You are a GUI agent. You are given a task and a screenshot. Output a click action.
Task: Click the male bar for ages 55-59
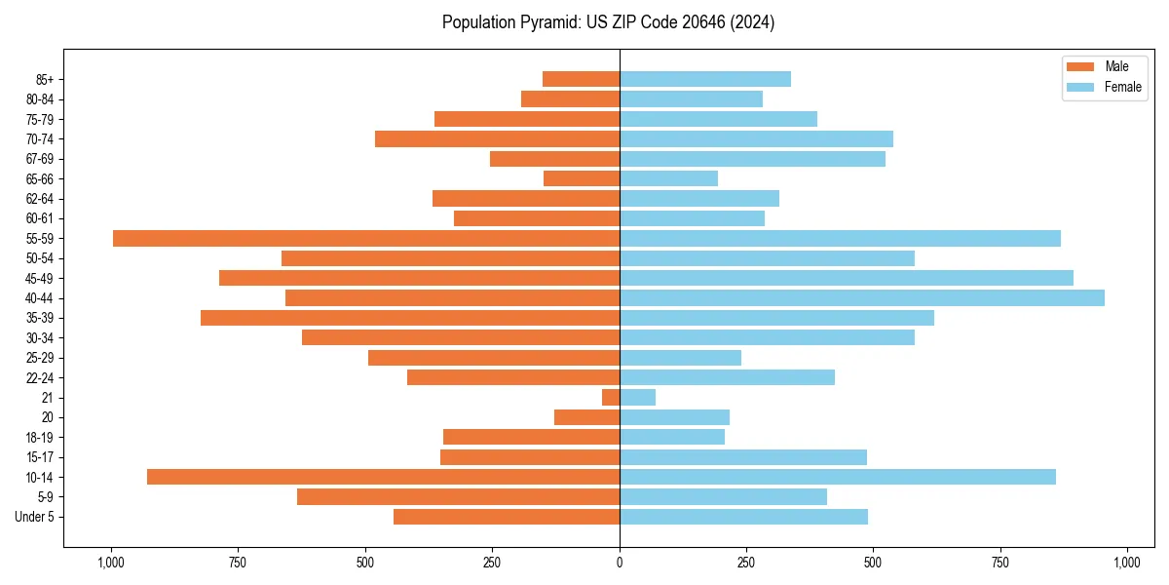tap(366, 238)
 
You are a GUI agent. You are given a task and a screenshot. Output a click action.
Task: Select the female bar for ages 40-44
tap(862, 297)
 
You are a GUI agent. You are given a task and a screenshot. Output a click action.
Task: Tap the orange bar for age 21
tap(611, 397)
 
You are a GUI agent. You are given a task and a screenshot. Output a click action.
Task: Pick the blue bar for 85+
tap(705, 79)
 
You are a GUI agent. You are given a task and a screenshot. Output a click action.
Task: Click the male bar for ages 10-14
tap(383, 477)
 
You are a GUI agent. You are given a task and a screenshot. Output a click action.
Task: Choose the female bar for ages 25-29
tap(680, 357)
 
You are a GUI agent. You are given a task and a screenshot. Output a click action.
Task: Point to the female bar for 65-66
tap(668, 178)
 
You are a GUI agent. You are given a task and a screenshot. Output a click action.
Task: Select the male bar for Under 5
tap(507, 517)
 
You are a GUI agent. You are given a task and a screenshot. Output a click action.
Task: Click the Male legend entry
tap(1103, 66)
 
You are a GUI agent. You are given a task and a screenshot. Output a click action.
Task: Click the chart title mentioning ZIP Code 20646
tap(608, 22)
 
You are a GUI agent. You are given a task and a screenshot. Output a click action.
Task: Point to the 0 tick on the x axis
tap(620, 563)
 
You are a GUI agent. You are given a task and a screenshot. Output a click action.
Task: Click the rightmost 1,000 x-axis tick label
tap(1127, 563)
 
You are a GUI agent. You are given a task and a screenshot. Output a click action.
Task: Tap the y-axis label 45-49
tap(40, 278)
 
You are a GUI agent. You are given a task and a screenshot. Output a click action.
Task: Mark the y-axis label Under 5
tap(34, 517)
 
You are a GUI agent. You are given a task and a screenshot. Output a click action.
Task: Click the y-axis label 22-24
tap(40, 377)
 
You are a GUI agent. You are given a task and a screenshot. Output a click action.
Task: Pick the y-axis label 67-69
tap(40, 159)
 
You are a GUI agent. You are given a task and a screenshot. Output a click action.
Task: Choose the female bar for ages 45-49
tap(847, 278)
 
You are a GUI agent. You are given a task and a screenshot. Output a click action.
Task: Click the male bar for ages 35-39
tap(410, 318)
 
